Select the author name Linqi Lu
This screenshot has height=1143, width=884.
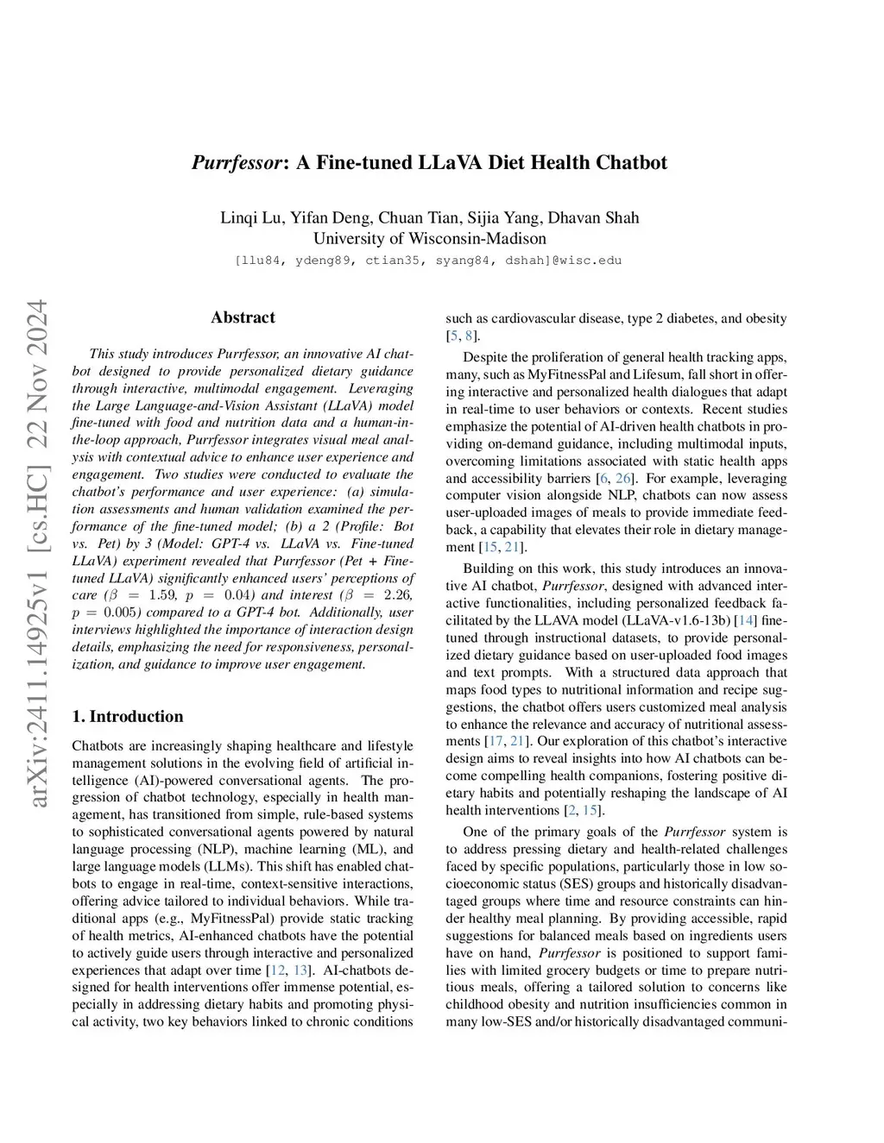tap(251, 217)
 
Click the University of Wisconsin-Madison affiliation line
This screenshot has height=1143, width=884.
tap(429, 239)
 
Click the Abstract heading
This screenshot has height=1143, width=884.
tap(243, 317)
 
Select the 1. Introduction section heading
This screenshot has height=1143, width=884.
tap(128, 717)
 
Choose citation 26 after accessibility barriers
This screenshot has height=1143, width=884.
tap(623, 479)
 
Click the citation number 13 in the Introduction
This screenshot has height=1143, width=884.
tap(300, 970)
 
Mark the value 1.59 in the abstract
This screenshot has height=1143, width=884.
tap(163, 596)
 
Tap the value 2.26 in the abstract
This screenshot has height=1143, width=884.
tap(397, 596)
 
